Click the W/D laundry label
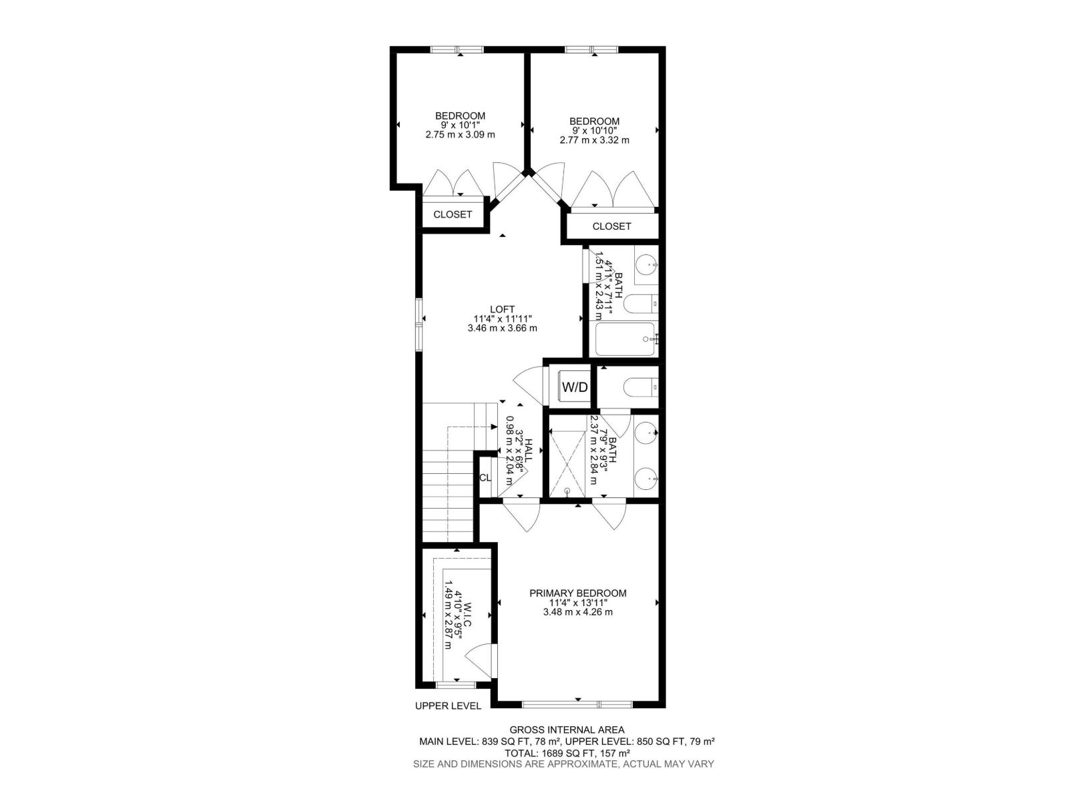(x=575, y=387)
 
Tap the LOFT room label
(x=502, y=309)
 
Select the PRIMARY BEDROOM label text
(x=578, y=593)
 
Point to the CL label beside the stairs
(x=485, y=478)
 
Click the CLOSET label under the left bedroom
(x=453, y=214)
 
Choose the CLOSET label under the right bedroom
(x=611, y=226)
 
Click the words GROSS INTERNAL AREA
(x=567, y=730)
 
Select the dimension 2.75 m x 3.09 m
(x=460, y=134)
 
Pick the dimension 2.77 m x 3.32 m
(x=594, y=140)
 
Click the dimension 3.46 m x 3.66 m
(x=503, y=328)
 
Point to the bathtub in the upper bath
(x=625, y=339)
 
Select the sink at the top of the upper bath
(x=646, y=266)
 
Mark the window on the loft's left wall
(x=419, y=324)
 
